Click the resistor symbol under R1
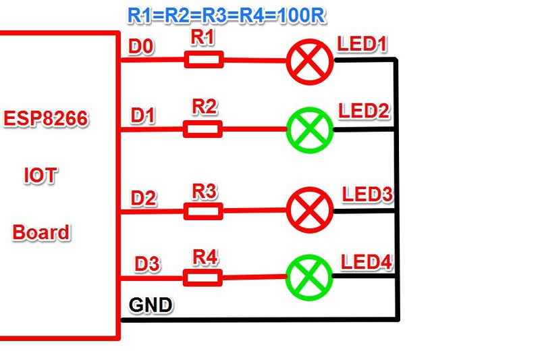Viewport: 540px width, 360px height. coord(204,61)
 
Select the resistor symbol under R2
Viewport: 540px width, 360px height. coord(202,128)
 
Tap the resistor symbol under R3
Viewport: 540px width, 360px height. coord(203,211)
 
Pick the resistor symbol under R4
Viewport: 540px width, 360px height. coord(202,277)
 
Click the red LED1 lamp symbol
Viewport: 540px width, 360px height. coord(310,61)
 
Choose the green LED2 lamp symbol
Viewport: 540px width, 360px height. coord(310,128)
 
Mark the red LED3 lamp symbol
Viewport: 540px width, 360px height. coord(310,210)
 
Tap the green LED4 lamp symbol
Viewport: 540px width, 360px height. coord(309,276)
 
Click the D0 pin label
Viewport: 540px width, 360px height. coord(141,47)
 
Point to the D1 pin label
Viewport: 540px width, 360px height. coord(143,116)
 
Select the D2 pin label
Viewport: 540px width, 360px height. coord(144,199)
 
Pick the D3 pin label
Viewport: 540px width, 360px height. coord(146,264)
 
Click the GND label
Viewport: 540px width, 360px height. coord(150,305)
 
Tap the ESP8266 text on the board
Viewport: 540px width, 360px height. coord(46,120)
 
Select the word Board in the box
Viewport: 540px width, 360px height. coord(41,232)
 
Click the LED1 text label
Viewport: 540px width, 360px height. coord(362,45)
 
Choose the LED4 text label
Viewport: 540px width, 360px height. coord(367,261)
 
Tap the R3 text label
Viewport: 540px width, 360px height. coord(204,191)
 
